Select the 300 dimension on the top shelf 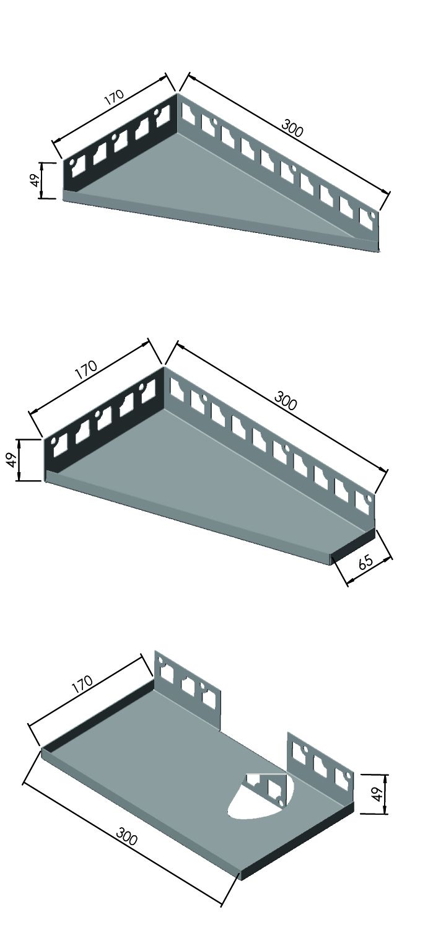point(293,128)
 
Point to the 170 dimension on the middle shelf point(87,369)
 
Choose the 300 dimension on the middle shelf point(286,400)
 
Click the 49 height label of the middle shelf point(12,459)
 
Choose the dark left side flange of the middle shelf point(104,419)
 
